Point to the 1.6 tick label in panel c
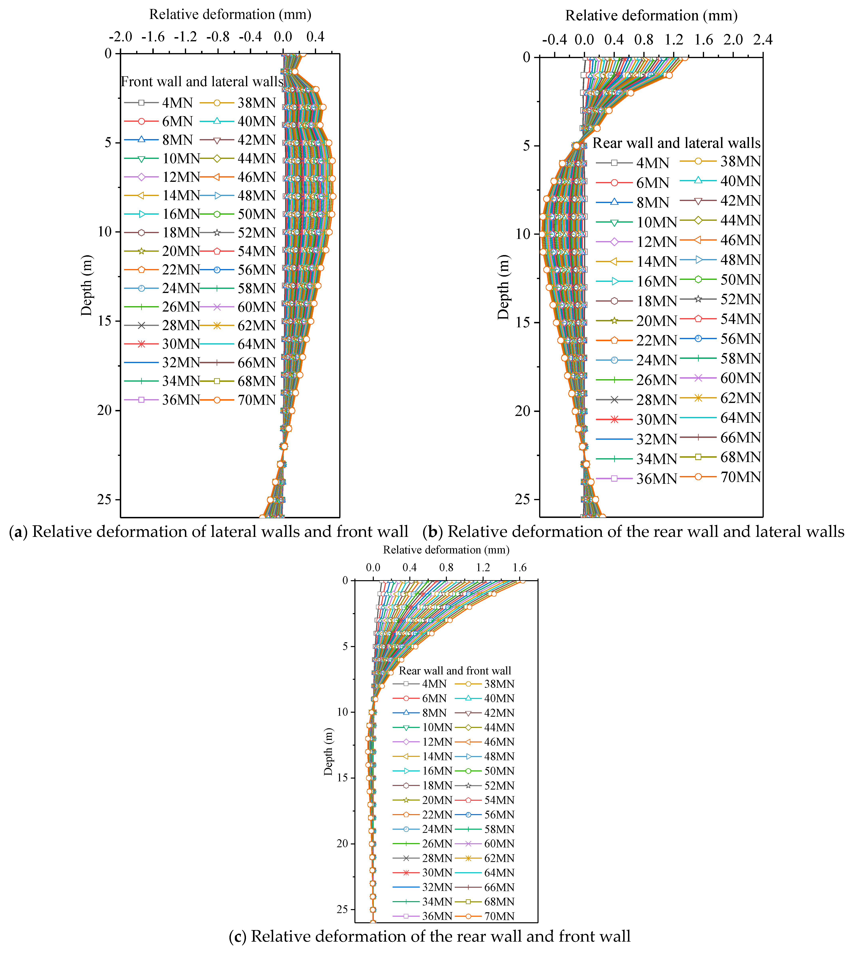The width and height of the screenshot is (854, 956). point(519,568)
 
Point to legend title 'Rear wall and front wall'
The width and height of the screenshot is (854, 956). point(455,671)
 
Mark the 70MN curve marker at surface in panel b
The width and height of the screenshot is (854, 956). point(685,57)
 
